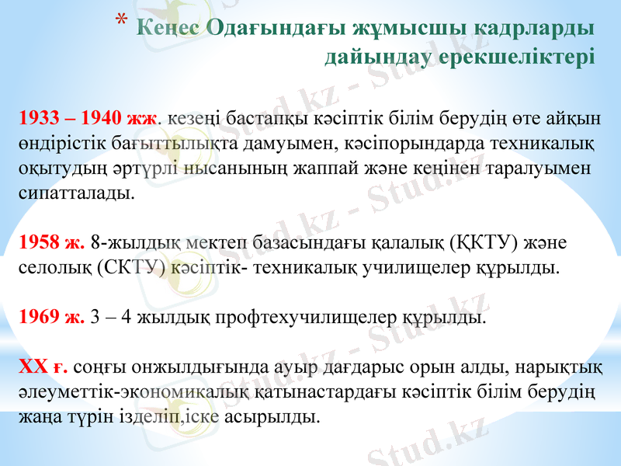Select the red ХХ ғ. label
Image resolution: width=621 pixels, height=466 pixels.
pyautogui.click(x=43, y=366)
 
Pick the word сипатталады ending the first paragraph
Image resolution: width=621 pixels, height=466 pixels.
pyautogui.click(x=75, y=193)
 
